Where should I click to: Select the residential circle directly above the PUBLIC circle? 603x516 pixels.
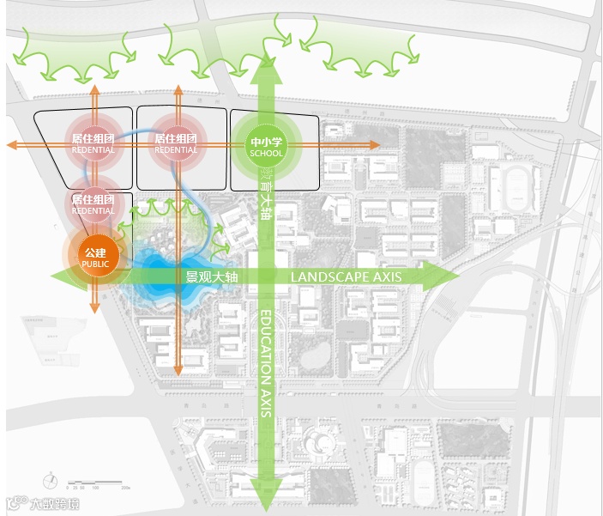(x=93, y=203)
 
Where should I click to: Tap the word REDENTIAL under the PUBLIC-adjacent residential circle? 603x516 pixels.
(x=93, y=211)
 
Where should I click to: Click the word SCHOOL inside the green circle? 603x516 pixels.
(x=266, y=154)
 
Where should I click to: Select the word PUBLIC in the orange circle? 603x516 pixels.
(x=94, y=264)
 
